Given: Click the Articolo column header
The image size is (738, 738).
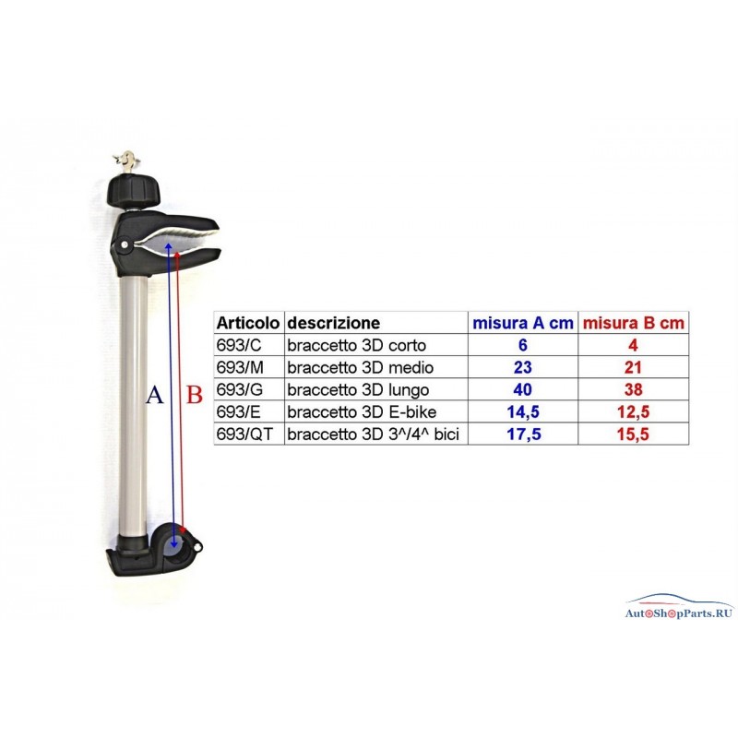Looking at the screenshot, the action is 247,323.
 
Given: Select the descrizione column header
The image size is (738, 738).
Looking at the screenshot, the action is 334,323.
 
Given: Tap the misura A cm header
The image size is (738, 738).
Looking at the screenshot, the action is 523,323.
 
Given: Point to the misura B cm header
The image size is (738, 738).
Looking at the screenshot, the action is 633,323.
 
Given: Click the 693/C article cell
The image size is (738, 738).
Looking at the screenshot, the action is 239,345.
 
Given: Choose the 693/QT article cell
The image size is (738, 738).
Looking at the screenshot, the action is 244,434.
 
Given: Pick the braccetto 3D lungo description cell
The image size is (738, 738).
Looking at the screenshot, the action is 358,389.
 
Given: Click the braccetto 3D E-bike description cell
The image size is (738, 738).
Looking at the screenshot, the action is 362,411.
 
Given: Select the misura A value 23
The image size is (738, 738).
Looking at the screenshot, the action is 523,367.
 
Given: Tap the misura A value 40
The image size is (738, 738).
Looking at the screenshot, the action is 523,389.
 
